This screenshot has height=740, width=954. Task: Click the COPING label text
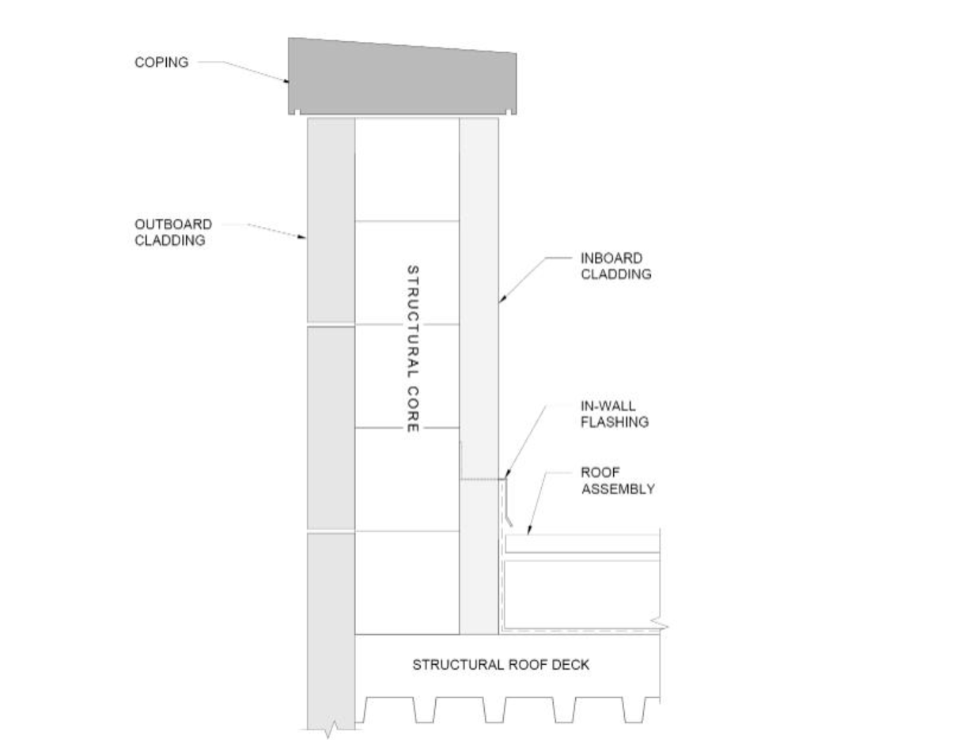(161, 62)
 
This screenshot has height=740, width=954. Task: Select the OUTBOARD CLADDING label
(173, 232)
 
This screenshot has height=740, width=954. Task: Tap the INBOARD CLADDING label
(615, 266)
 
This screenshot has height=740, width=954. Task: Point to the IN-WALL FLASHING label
(615, 414)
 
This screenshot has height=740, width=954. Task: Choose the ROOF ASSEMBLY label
(618, 481)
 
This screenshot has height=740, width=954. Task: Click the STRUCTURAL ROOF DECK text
(501, 665)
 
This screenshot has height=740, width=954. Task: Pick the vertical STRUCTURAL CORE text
(412, 349)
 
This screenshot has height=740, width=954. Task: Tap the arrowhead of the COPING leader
(289, 81)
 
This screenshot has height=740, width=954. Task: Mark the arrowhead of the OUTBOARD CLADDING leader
(305, 236)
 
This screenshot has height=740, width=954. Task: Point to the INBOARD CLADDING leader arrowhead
(500, 301)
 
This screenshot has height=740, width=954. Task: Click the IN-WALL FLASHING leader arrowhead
(505, 476)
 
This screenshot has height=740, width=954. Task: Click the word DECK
(572, 665)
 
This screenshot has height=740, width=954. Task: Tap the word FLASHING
(615, 422)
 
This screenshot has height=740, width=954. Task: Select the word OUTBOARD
(173, 225)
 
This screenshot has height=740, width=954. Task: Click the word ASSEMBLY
(618, 489)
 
